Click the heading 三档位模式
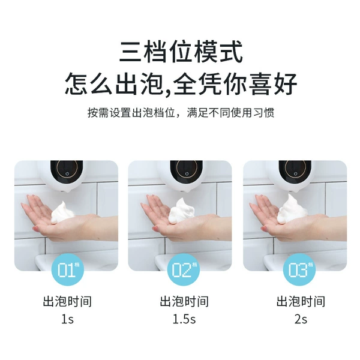point(181,52)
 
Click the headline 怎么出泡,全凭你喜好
point(181,83)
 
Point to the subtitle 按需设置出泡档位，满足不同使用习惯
point(181,113)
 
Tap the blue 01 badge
point(67,269)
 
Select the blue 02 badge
point(184,269)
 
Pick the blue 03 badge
point(299,269)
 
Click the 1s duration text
point(67,319)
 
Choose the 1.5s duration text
point(184,319)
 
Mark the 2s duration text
point(301,319)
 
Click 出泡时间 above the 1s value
point(67,301)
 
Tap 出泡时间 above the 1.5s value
point(184,301)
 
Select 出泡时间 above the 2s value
point(301,301)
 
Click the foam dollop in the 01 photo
point(62,212)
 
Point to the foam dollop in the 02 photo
point(181,211)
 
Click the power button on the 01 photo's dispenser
point(67,173)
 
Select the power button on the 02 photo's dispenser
point(187,173)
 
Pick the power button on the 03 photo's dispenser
point(295,173)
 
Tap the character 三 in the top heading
point(130,52)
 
